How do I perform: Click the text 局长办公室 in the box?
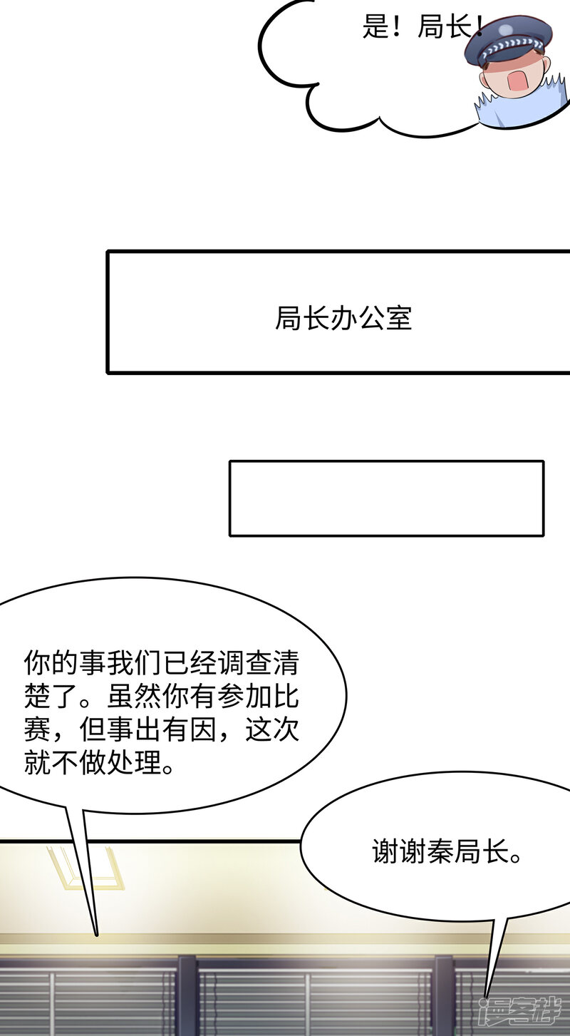tap(343, 318)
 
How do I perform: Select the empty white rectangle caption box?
tap(386, 498)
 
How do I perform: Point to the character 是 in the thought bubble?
tap(375, 26)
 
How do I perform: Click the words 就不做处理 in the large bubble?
tap(93, 762)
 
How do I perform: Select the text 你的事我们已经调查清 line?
tap(161, 663)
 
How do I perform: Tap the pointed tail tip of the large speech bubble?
tap(96, 935)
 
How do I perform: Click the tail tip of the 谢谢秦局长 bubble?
tap(485, 997)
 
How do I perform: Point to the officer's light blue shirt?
tap(523, 107)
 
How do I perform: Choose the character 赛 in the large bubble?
tap(37, 729)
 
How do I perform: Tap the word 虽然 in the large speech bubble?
tap(134, 696)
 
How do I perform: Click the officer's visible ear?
tap(546, 66)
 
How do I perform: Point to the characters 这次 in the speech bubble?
tap(272, 729)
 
